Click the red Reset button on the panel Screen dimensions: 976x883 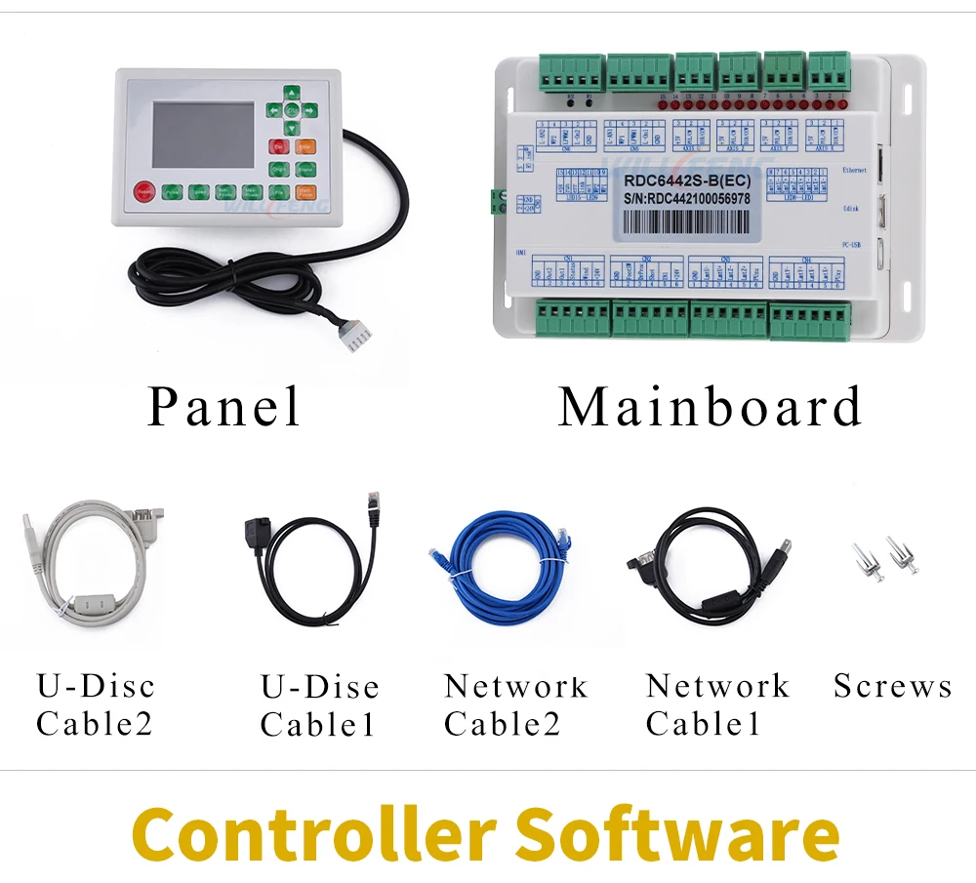pos(145,192)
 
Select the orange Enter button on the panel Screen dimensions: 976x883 pos(305,146)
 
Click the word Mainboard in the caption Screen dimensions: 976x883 pos(710,407)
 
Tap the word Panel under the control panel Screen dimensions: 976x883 pos(224,406)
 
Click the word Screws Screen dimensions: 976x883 pos(892,686)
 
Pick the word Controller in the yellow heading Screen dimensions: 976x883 pos(312,834)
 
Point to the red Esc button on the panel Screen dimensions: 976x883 pos(280,146)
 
